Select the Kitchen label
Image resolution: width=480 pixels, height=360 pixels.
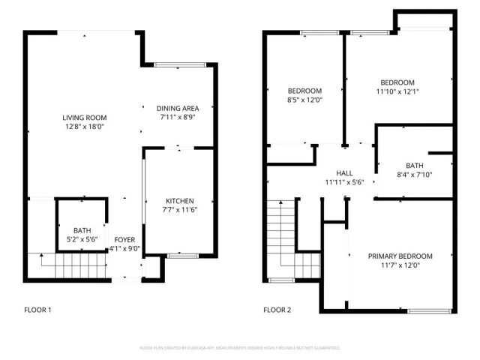180,201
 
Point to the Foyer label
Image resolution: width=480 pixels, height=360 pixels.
124,240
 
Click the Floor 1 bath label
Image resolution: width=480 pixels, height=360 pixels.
82,230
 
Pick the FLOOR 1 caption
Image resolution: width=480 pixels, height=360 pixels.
38,309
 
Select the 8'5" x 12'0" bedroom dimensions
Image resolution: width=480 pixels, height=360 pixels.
304,100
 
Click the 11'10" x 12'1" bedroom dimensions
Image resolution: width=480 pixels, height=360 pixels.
397,91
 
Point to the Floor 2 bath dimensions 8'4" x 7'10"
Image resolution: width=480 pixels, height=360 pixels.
414,175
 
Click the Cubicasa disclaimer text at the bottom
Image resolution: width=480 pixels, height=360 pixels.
240,348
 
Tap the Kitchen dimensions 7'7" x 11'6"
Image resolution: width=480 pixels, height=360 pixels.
180,210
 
